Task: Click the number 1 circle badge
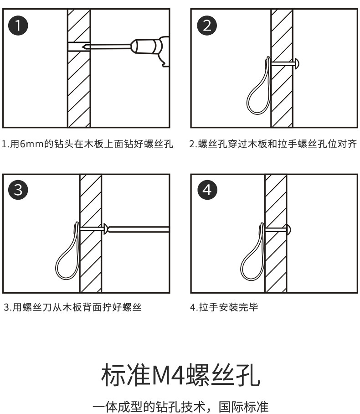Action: (x=19, y=25)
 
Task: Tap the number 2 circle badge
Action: (x=207, y=25)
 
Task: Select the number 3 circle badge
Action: (x=19, y=190)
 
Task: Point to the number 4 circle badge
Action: (x=207, y=190)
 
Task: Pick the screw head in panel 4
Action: (x=290, y=227)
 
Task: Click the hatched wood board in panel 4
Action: (x=275, y=264)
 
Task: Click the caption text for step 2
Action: (x=273, y=145)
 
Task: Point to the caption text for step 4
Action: (x=224, y=307)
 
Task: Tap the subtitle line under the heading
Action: (x=180, y=405)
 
